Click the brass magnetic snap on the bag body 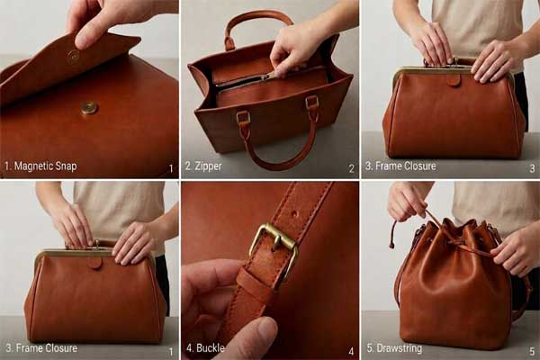[89, 108]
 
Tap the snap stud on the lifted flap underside [74, 55]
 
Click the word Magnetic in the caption [34, 166]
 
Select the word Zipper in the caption [208, 166]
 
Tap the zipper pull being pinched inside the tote [272, 75]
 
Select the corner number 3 [532, 168]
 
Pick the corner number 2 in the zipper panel [351, 168]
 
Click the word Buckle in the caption [210, 348]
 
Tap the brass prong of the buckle [274, 241]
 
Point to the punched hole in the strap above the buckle [294, 214]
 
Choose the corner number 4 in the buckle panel [351, 351]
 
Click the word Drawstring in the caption [399, 348]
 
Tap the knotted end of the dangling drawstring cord [391, 245]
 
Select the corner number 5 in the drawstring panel [532, 351]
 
